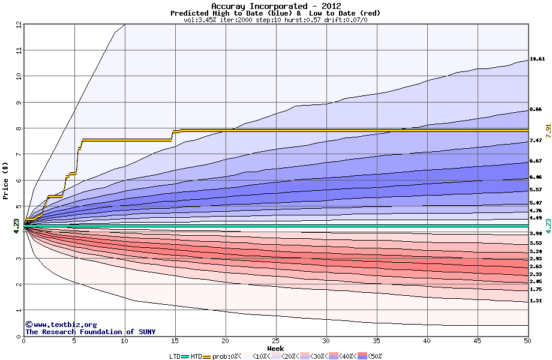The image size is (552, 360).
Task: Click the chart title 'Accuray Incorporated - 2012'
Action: [275, 6]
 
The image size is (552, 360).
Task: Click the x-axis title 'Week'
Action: [275, 349]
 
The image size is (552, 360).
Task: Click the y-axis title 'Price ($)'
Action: [5, 180]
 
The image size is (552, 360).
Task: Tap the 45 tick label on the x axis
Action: [478, 340]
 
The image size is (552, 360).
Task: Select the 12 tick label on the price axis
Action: [19, 25]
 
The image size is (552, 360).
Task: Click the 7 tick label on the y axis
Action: [19, 154]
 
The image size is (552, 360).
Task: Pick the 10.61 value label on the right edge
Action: [537, 59]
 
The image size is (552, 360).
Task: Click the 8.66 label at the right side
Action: [537, 110]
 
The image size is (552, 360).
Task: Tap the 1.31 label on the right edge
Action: [537, 301]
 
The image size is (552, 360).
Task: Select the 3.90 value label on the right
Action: [537, 233]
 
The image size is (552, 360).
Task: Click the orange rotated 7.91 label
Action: [548, 129]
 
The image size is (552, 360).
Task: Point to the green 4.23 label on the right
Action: [548, 226]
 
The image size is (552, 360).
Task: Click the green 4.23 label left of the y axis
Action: [16, 225]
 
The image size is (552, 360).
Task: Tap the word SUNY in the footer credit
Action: [146, 332]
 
